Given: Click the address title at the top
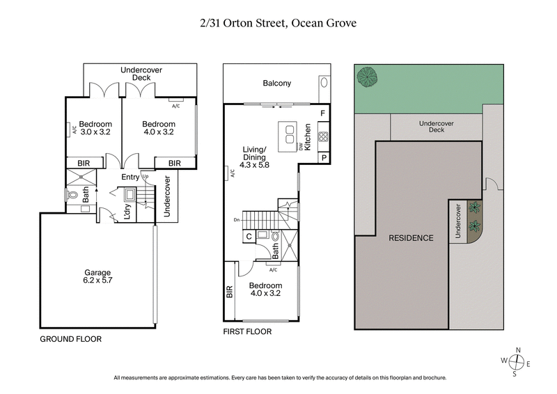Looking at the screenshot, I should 278,23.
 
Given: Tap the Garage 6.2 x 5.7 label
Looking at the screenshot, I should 98,276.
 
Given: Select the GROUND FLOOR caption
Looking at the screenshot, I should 71,339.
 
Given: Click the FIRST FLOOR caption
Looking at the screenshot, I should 247,332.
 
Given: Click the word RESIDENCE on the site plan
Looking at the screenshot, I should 411,238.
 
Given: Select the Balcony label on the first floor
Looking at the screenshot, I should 276,84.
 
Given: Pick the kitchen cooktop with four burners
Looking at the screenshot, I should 322,136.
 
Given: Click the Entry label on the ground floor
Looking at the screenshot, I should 130,178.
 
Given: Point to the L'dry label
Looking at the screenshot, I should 128,212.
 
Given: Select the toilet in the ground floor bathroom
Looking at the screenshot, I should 73,196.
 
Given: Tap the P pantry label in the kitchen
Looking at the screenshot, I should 323,158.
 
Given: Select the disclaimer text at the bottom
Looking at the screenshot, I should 278,378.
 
